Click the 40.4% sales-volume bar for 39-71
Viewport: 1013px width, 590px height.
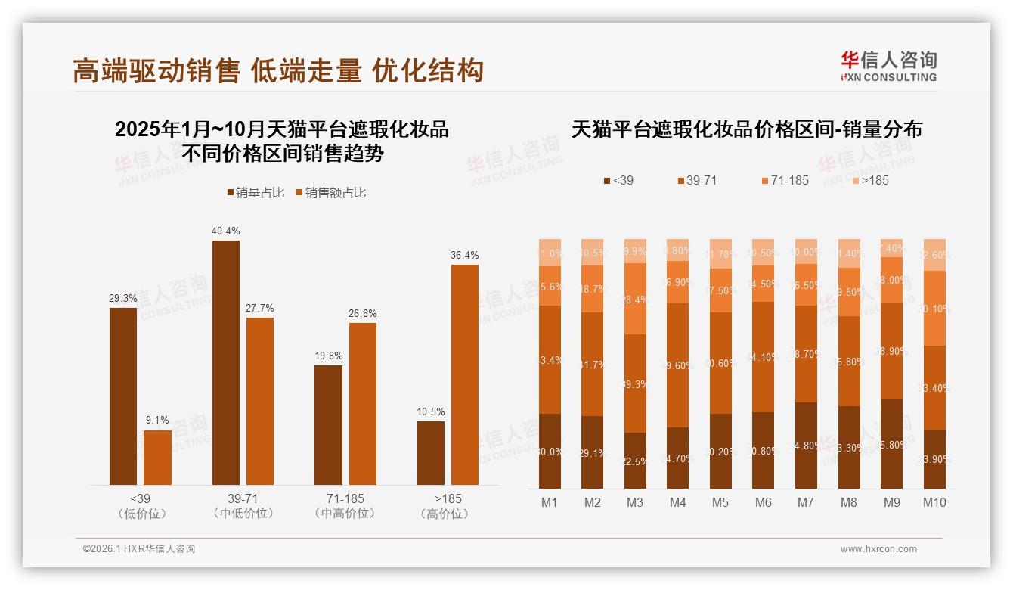click(225, 362)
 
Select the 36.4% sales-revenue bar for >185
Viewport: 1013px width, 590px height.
click(464, 374)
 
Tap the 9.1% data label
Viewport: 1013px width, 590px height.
click(157, 421)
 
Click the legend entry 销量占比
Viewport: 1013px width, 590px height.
click(255, 193)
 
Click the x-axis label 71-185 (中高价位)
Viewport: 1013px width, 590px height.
click(345, 506)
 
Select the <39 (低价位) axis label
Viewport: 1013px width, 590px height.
click(141, 506)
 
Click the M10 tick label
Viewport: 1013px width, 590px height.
click(934, 502)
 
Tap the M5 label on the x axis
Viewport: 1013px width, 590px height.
click(720, 502)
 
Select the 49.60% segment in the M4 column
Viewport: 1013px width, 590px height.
click(677, 365)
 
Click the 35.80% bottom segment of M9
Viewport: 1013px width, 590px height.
click(891, 444)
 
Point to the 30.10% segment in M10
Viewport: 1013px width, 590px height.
click(934, 308)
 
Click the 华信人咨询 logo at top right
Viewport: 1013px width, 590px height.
click(888, 66)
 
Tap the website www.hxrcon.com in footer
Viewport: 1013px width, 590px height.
click(878, 549)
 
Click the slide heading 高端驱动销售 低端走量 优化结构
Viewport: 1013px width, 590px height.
click(277, 71)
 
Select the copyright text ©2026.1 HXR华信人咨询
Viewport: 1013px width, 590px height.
click(139, 549)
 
